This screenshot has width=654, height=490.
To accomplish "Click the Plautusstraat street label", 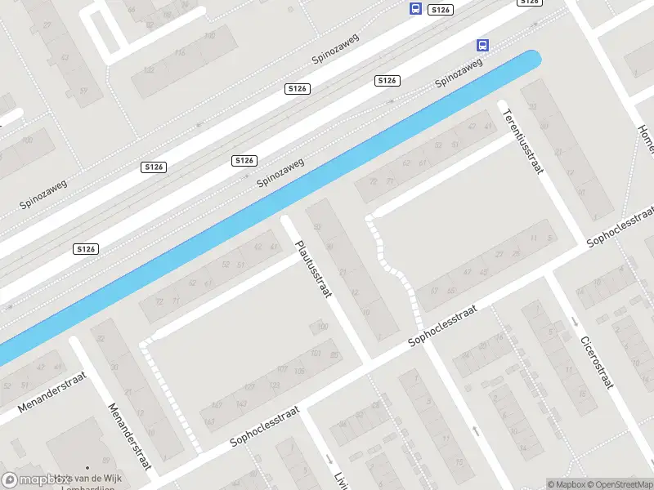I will click(313, 268).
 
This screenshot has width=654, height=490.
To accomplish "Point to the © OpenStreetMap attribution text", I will click(616, 484).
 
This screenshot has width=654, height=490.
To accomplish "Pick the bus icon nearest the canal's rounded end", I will click(482, 46).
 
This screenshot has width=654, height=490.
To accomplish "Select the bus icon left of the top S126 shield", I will click(415, 9).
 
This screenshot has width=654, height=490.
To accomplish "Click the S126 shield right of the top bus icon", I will click(440, 9).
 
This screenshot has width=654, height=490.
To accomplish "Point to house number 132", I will click(148, 70).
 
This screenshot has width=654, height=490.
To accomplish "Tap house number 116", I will click(179, 53).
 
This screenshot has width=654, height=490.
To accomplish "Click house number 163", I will click(210, 421).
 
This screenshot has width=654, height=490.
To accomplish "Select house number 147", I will click(216, 404).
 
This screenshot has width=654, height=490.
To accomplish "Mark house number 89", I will click(334, 354).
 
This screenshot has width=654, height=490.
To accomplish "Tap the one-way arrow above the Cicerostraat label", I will click(575, 321).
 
